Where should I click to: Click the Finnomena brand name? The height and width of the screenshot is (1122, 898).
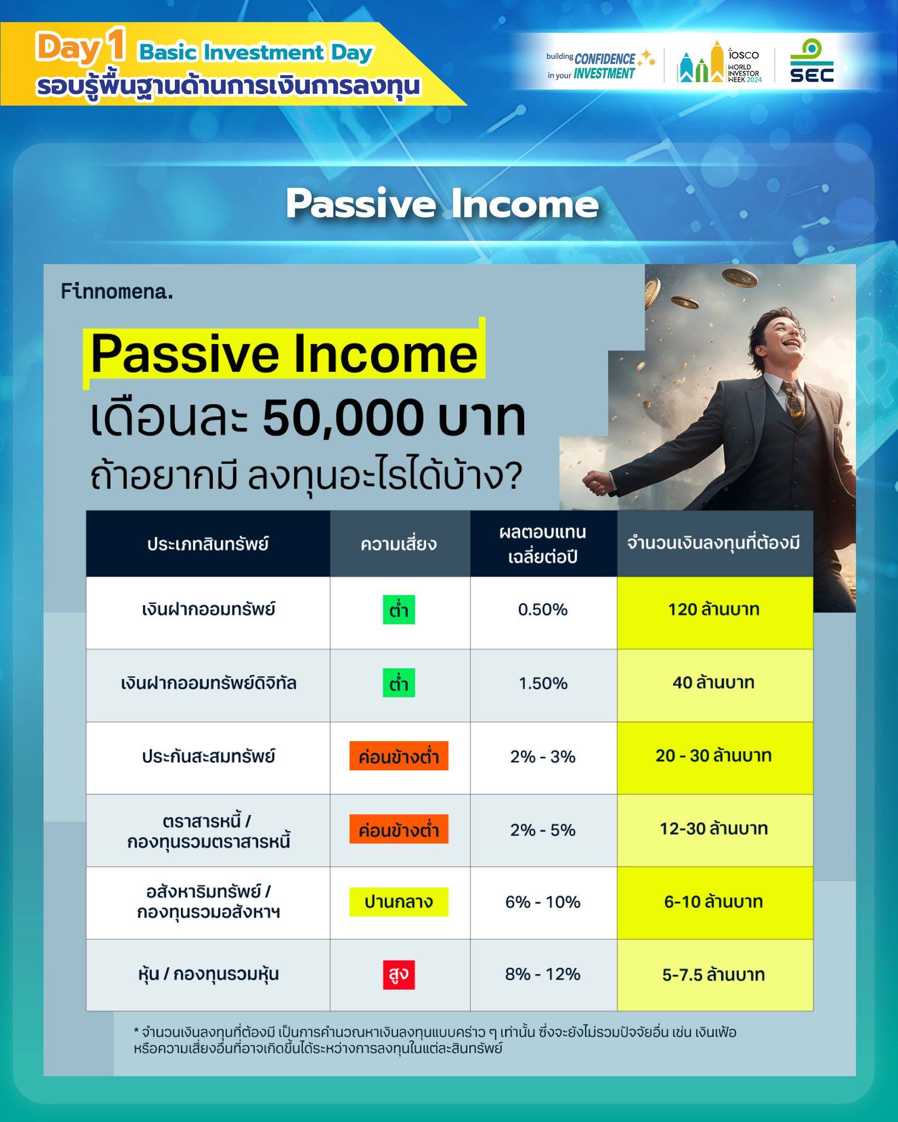pyautogui.click(x=117, y=291)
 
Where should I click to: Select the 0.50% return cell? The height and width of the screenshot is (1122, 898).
pyautogui.click(x=543, y=610)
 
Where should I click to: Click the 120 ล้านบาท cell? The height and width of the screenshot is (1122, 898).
pyautogui.click(x=714, y=610)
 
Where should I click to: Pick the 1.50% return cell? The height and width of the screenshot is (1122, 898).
pyautogui.click(x=543, y=683)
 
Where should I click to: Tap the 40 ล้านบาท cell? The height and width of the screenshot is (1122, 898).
pyautogui.click(x=714, y=683)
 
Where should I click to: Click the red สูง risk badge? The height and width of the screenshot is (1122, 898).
pyautogui.click(x=399, y=975)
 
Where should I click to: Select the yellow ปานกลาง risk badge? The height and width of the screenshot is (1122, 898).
pyautogui.click(x=399, y=902)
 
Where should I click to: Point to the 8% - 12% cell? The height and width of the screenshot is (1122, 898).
pyautogui.click(x=543, y=974)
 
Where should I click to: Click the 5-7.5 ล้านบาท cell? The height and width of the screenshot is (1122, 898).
pyautogui.click(x=714, y=975)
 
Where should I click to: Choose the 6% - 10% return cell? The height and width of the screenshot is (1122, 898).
pyautogui.click(x=543, y=902)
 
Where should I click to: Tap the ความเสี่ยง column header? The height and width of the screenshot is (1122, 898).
pyautogui.click(x=399, y=544)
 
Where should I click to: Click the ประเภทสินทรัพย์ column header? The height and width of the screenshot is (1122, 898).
pyautogui.click(x=208, y=544)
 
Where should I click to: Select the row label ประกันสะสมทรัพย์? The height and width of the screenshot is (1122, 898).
pyautogui.click(x=208, y=757)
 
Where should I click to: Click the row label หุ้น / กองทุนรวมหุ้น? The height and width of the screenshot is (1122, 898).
pyautogui.click(x=208, y=974)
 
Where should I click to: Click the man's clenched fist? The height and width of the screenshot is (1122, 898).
pyautogui.click(x=595, y=480)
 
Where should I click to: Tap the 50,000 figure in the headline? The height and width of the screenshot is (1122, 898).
pyautogui.click(x=344, y=418)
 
